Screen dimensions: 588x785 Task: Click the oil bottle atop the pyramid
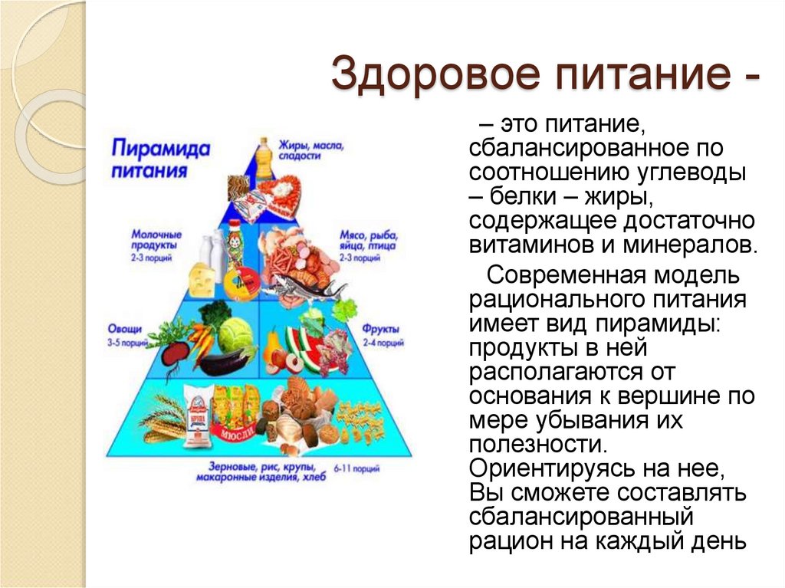(x=264, y=158)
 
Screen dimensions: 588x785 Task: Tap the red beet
(x=177, y=353)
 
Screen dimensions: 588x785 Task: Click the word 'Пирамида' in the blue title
(x=159, y=148)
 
